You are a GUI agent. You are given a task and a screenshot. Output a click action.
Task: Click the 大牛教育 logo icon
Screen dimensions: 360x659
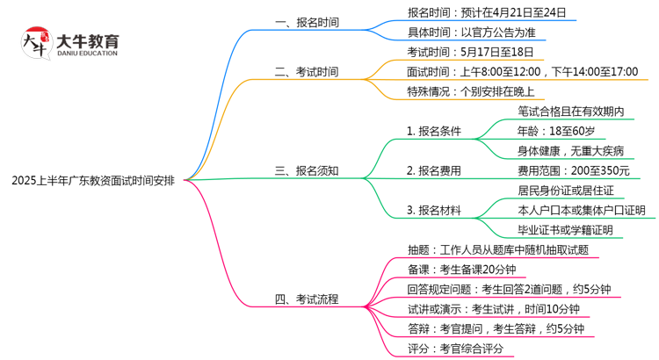pos(36,44)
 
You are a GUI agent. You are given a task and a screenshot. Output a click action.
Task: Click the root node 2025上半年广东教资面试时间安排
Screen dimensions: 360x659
pos(93,182)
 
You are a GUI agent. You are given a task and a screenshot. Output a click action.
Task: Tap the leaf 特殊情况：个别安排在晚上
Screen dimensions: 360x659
pos(471,91)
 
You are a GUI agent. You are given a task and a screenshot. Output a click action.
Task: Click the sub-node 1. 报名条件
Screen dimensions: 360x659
pos(433,131)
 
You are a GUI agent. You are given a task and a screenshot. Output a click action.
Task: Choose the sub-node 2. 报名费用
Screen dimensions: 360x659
pos(433,170)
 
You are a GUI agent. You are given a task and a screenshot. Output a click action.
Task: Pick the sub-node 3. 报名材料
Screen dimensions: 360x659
pos(433,210)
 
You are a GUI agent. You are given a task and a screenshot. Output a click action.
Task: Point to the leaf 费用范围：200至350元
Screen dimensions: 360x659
pos(574,170)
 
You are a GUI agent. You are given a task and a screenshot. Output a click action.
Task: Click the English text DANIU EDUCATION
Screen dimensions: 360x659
pos(87,54)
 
